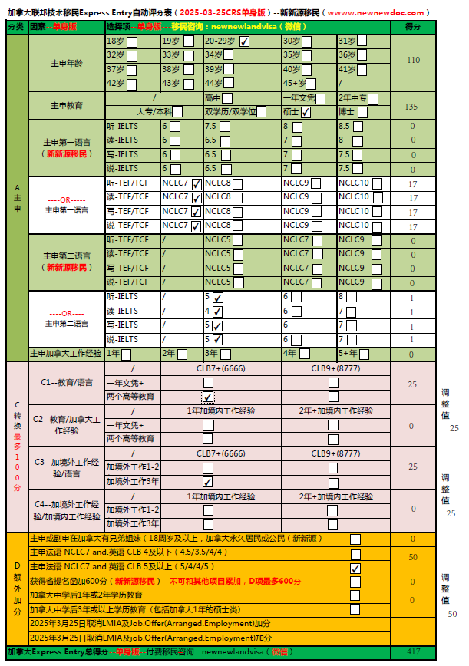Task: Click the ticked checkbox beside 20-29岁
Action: (x=244, y=41)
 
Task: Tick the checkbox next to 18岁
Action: (x=132, y=41)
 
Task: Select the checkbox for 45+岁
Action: (x=312, y=84)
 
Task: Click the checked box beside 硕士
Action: (x=306, y=112)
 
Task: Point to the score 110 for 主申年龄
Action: (x=413, y=61)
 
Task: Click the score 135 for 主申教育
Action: (x=413, y=107)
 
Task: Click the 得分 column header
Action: (x=413, y=26)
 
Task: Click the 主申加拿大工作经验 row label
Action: (x=65, y=354)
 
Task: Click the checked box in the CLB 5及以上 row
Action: (x=355, y=569)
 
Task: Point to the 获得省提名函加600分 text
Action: (x=71, y=581)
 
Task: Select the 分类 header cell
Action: (x=16, y=26)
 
